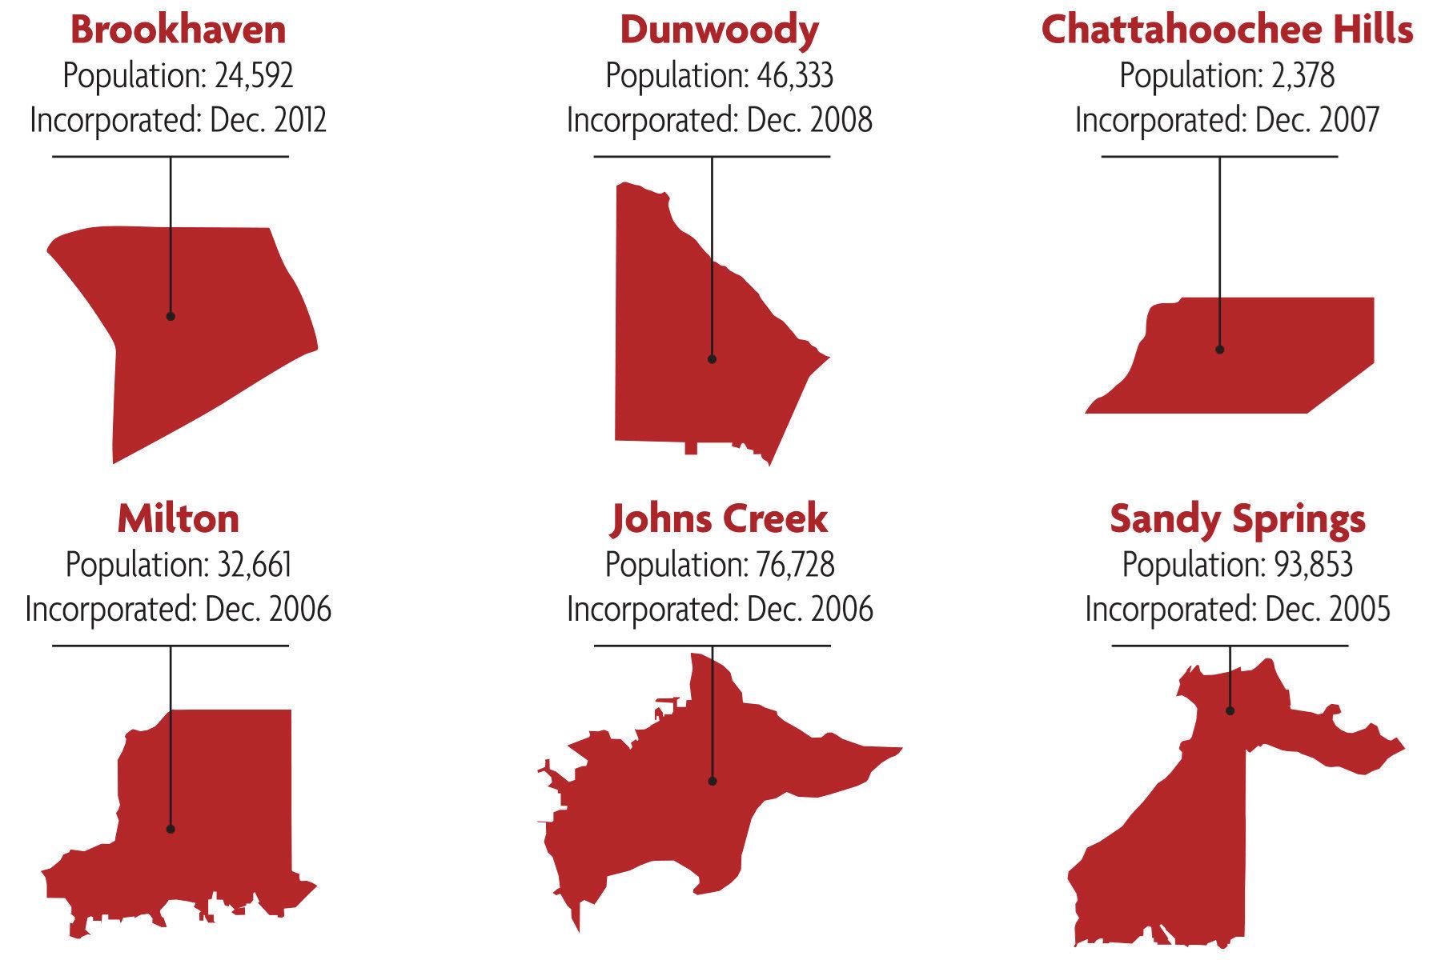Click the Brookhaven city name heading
coord(178,30)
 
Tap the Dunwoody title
coord(719,30)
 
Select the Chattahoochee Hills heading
coord(1226,30)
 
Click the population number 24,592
coord(254,76)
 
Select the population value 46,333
coord(794,76)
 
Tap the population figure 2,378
coord(1303,76)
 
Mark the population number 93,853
coord(1313,565)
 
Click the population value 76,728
coord(795,565)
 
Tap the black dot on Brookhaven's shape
coord(171,316)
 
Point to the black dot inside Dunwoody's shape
coord(712,359)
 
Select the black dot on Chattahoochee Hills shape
coord(1219,350)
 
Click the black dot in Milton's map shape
coord(171,830)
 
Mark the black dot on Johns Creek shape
coord(712,782)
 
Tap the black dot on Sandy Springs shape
coord(1230,710)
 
